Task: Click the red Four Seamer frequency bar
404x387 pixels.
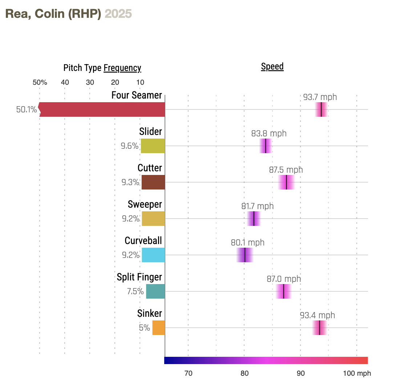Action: (102, 109)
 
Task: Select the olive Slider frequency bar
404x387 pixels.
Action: (153, 146)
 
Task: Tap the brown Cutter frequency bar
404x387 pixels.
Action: (153, 182)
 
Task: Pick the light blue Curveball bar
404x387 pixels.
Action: (153, 255)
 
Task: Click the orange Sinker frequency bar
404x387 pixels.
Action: (158, 328)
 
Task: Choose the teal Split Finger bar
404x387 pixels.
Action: (155, 291)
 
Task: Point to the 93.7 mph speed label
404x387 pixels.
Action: (320, 97)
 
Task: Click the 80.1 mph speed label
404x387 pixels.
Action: (247, 243)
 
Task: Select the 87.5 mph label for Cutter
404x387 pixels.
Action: (286, 170)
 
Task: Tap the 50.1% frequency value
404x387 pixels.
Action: (27, 109)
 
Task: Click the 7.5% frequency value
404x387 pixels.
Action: (135, 291)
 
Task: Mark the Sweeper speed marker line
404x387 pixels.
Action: (254, 219)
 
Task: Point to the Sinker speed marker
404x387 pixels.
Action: (319, 328)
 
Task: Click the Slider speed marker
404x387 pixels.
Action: (266, 146)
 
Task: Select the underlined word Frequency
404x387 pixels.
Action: (122, 68)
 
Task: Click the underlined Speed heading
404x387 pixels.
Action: (272, 67)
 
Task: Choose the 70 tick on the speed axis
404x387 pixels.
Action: (188, 374)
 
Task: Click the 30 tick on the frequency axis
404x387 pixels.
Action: (90, 82)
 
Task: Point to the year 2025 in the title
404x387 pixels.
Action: (118, 14)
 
